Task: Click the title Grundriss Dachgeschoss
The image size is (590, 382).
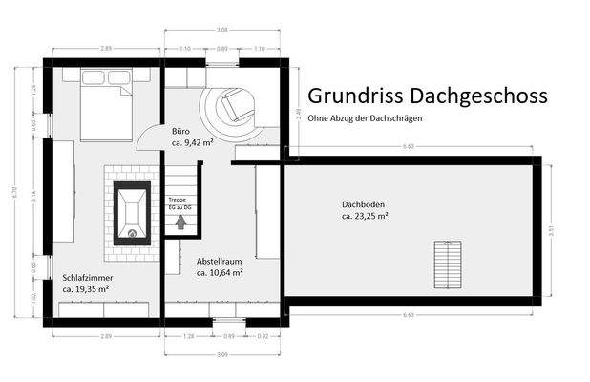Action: pos(427,96)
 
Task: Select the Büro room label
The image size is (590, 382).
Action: pos(180,130)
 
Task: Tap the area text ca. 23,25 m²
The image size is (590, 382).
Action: pos(364,216)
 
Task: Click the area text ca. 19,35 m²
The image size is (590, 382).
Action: pos(86,287)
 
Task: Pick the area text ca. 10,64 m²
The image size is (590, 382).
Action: pos(219,272)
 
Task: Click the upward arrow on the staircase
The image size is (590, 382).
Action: pos(179,222)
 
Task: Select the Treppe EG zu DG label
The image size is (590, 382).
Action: pos(179,202)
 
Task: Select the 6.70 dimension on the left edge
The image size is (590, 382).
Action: pos(13,189)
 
